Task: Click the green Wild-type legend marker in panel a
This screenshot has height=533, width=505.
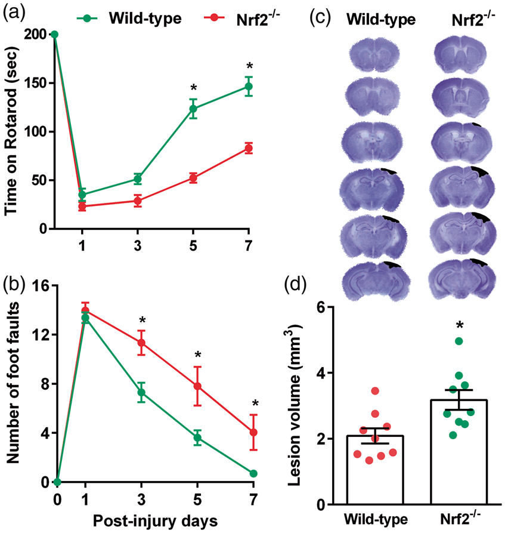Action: point(87,18)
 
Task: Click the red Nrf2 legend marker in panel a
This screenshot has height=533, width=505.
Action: point(214,18)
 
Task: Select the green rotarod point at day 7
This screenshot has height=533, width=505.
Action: point(249,87)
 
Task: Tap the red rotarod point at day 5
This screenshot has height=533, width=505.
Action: point(193,178)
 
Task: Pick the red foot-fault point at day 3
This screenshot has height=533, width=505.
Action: point(141,343)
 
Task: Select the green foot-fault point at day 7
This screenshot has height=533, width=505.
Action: point(253,473)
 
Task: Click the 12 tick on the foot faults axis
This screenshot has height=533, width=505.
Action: point(41,334)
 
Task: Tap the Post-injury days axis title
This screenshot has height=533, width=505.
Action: point(155,520)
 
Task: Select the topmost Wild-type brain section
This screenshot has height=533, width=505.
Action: point(374,55)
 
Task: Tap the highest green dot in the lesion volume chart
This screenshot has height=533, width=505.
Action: point(459,341)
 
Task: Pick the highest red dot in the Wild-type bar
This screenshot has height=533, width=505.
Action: point(375,391)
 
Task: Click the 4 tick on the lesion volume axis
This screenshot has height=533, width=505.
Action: point(320,373)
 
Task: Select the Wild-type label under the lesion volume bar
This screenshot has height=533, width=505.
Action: point(376,519)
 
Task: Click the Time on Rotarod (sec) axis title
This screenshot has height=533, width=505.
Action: point(11,131)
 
